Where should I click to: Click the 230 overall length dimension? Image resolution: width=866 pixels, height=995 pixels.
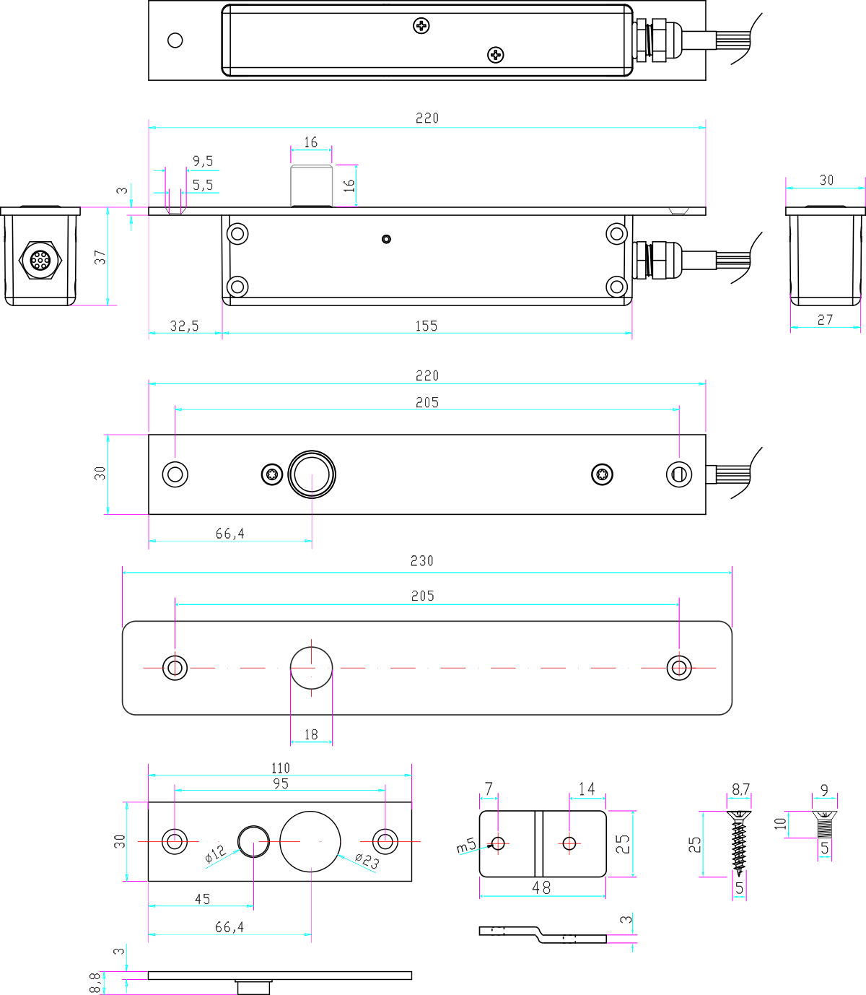point(422,561)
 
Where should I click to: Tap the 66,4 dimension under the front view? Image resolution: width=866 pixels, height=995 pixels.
point(229,534)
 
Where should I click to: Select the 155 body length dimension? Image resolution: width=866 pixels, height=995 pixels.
point(426,326)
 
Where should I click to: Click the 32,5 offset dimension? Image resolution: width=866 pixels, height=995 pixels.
point(184,326)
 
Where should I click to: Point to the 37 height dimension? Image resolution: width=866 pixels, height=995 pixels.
point(100,257)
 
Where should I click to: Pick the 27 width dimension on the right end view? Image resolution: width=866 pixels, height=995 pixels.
point(825,319)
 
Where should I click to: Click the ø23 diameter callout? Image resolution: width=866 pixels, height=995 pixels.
point(367,861)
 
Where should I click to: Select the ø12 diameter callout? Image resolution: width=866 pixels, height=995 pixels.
point(215,854)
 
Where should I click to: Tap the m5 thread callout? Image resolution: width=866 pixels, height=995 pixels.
point(466,844)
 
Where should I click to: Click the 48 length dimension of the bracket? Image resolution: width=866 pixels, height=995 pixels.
point(541,887)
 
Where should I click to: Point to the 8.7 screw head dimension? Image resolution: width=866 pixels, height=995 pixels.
point(740,790)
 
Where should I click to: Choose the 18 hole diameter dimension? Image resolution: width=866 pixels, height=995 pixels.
point(311,734)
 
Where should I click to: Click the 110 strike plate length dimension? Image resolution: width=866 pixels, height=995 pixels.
point(280,768)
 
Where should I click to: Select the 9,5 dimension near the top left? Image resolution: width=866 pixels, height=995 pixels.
point(203,161)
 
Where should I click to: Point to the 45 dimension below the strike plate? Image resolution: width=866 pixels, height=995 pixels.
point(202,899)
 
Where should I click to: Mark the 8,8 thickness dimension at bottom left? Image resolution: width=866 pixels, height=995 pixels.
point(95,983)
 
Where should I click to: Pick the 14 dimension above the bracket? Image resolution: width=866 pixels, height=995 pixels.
point(587,789)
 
